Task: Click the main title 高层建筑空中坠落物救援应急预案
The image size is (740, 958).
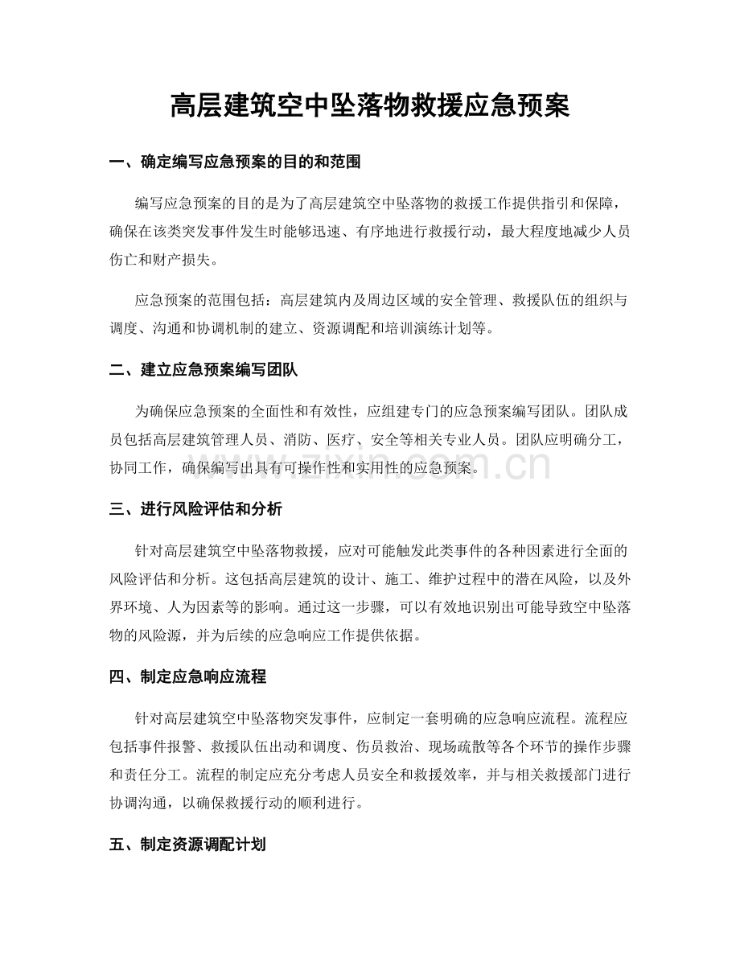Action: (x=370, y=105)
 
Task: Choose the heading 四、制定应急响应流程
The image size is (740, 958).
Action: (x=187, y=677)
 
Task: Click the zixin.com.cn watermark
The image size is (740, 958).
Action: (x=434, y=464)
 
